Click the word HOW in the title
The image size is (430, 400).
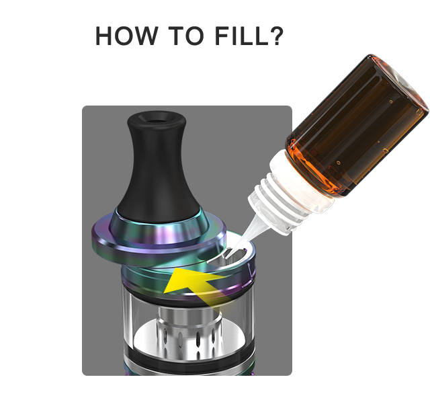point(126,36)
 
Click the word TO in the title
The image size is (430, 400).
point(186,36)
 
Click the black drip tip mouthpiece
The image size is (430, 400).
point(157,165)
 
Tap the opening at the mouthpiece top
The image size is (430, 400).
point(157,118)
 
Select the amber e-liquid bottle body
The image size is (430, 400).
point(357,126)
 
